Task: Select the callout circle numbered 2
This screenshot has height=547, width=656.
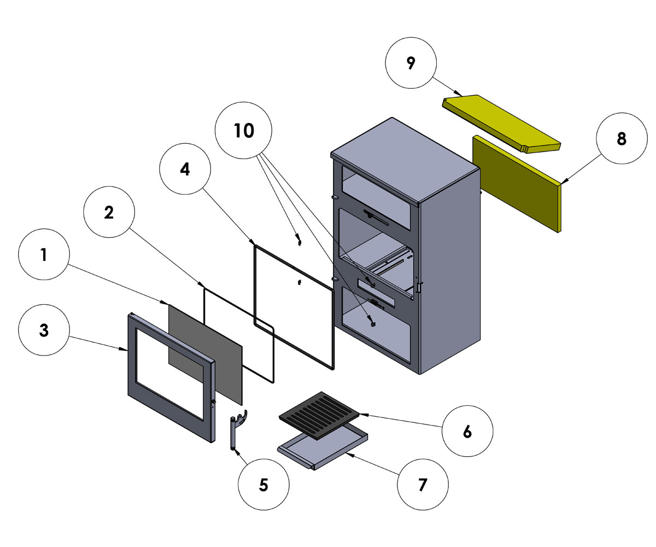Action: (109, 213)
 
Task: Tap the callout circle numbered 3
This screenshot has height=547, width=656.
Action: (44, 331)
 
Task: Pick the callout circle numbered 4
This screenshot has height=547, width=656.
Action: (185, 170)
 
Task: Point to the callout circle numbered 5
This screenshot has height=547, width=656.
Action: (263, 485)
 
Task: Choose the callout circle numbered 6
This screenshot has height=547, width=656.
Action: (467, 432)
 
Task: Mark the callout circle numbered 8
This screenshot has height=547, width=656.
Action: (621, 139)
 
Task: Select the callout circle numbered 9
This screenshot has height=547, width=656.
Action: (411, 63)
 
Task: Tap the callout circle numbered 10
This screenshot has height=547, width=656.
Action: (244, 131)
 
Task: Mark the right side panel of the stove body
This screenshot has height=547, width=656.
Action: (451, 273)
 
